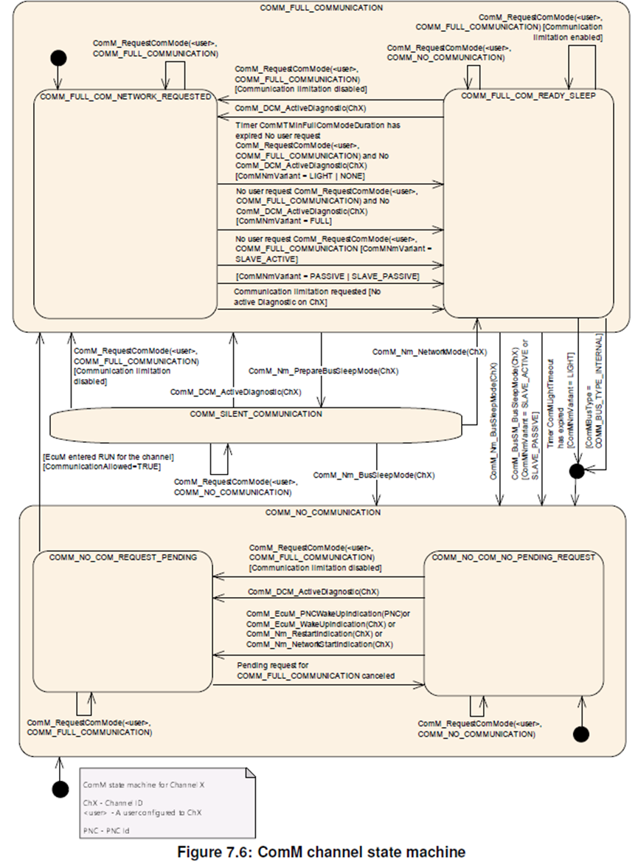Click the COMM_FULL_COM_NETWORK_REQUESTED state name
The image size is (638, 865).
126,97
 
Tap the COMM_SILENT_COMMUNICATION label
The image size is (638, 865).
256,414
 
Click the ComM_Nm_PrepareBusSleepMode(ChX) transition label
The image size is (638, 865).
323,371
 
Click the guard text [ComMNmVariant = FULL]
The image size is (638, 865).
284,221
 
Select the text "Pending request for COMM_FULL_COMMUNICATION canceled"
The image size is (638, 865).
316,670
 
